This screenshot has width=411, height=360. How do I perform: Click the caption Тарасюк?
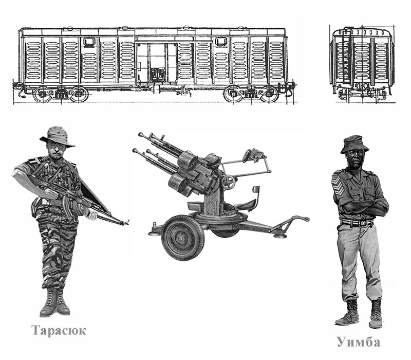click(x=59, y=330)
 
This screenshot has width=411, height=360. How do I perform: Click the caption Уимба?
click(x=359, y=342)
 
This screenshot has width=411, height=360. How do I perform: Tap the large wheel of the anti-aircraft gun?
click(x=183, y=238)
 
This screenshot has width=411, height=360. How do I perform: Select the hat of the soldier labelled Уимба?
click(x=354, y=145)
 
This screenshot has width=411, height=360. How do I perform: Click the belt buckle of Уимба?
click(x=364, y=223)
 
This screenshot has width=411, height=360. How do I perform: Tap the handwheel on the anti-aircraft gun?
click(x=229, y=182)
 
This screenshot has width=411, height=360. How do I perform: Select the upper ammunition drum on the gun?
click(x=188, y=160)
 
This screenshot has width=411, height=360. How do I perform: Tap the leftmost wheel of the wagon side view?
click(x=42, y=94)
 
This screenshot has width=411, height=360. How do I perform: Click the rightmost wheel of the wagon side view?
click(x=269, y=94)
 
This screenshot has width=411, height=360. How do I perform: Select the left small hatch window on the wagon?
click(x=89, y=42)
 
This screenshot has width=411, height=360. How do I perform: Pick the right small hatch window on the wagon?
click(x=221, y=42)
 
